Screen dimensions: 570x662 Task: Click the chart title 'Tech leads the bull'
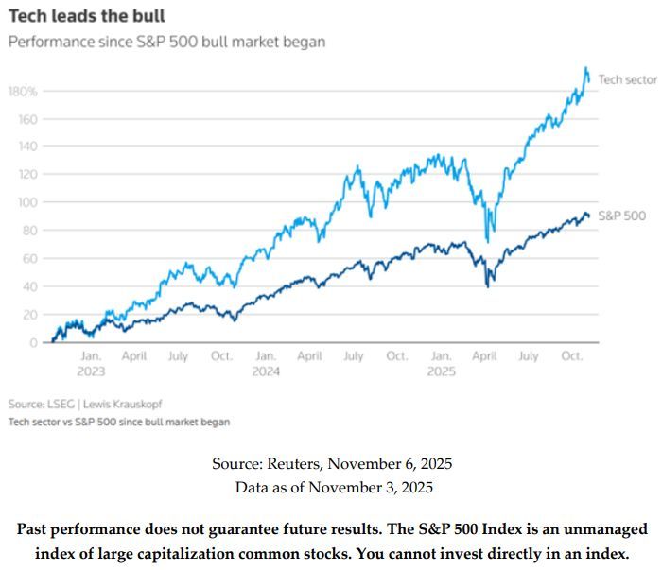click(86, 16)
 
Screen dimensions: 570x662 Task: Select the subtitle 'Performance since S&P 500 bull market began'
click(166, 43)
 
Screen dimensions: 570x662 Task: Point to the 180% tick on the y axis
click(24, 92)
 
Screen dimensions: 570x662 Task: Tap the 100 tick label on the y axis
click(26, 202)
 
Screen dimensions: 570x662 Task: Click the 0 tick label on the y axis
click(33, 342)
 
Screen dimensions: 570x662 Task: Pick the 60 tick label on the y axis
click(29, 258)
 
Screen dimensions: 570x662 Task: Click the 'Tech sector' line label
click(627, 79)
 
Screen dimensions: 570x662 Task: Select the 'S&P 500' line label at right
click(622, 216)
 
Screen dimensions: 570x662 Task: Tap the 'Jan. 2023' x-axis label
click(91, 364)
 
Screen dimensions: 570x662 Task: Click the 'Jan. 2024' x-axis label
click(266, 364)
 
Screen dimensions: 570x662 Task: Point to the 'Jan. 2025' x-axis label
click(441, 364)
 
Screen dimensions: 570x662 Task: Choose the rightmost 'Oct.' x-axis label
click(572, 356)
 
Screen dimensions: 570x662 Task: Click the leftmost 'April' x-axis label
click(134, 356)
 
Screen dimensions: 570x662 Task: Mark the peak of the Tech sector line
click(586, 68)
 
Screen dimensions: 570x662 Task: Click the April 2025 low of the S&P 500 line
click(488, 285)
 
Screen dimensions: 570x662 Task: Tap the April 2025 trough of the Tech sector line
click(487, 241)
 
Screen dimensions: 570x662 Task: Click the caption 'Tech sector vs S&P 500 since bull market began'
click(118, 423)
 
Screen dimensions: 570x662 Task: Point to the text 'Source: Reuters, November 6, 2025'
click(331, 463)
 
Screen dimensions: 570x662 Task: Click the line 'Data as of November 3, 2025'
click(331, 487)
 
